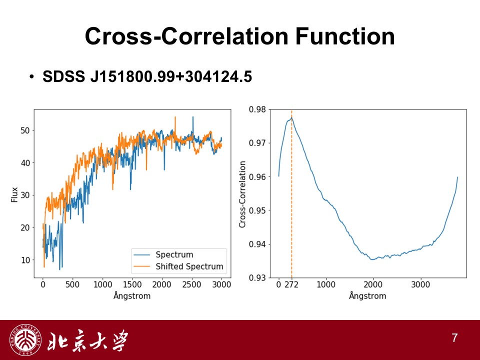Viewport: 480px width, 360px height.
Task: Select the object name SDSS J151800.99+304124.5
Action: [147, 76]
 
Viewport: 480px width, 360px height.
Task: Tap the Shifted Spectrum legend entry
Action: [179, 266]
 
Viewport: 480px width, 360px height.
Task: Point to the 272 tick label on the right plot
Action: [291, 284]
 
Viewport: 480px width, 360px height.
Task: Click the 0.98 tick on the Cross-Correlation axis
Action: [257, 109]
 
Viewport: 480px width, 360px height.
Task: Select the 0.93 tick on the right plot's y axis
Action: [257, 278]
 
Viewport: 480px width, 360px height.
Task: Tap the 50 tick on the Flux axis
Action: [25, 130]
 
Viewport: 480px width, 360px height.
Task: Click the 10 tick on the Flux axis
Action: [25, 260]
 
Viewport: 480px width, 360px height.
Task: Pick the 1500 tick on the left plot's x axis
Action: [132, 284]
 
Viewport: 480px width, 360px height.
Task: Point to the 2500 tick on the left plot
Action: [191, 284]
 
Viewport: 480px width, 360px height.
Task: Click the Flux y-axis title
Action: [14, 194]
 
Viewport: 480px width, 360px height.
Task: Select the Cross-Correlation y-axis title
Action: [242, 194]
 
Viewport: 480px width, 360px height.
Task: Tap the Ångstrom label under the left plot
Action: [132, 295]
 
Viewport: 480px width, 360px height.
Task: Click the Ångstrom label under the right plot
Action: [367, 295]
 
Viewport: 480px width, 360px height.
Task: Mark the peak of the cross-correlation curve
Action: [291, 117]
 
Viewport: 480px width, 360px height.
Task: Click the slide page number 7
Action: [454, 338]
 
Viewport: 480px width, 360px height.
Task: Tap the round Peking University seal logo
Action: [25, 340]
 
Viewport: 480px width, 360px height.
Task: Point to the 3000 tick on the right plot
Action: [420, 284]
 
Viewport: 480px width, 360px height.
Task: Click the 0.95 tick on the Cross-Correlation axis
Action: [257, 210]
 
